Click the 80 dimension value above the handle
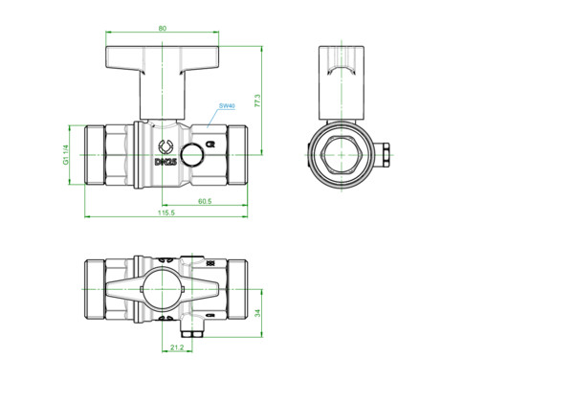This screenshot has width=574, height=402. [163, 28]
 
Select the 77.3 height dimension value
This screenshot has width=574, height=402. [257, 100]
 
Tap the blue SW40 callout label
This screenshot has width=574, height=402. [227, 106]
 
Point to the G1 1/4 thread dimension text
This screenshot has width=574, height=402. [66, 155]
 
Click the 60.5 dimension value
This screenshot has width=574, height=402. [205, 201]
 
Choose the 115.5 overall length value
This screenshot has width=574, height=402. [166, 212]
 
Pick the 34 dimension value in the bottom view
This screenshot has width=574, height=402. [257, 313]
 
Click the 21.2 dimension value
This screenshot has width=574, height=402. [177, 347]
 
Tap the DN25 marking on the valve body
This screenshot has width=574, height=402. [166, 162]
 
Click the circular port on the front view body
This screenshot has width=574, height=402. [192, 154]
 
